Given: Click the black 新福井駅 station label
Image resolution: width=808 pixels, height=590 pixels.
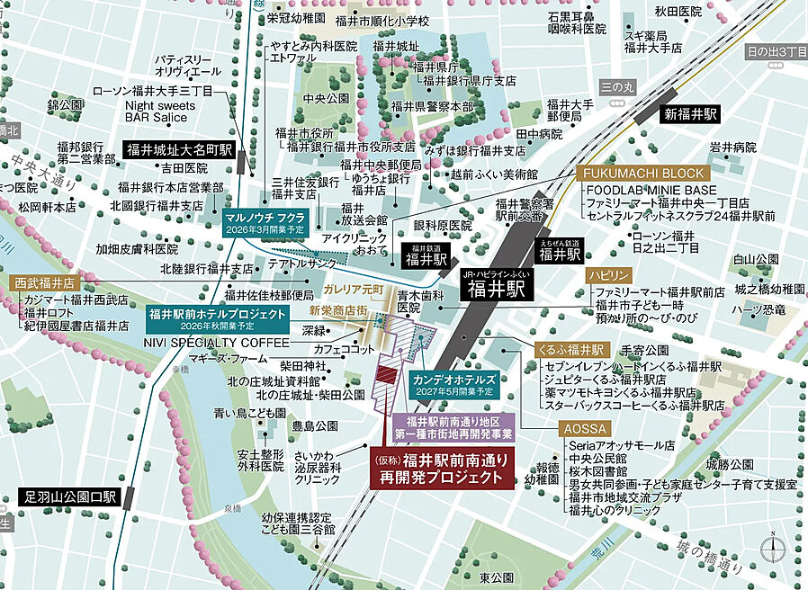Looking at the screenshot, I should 690,115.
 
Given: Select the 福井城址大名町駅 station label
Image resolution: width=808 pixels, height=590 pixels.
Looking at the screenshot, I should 179,150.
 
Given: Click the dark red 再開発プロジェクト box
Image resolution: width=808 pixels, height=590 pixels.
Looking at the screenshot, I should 440,469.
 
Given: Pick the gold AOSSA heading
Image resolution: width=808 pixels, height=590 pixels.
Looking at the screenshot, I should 585,429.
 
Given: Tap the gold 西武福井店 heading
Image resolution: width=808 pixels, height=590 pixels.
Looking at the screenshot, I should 44,282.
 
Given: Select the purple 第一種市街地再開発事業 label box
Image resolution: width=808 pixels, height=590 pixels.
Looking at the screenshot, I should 453,427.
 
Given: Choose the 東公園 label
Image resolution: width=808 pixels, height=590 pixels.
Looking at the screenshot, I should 496,577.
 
